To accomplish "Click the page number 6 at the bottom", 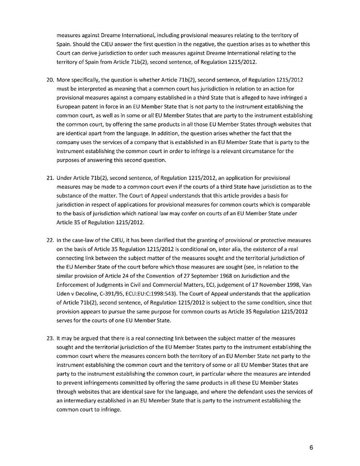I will pyautogui.click(x=312, y=448).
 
